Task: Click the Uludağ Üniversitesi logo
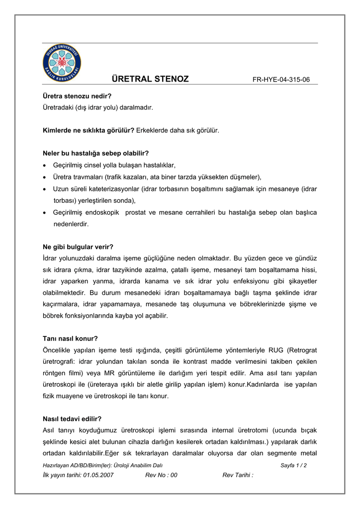coord(62,64)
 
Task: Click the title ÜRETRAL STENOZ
coord(150,79)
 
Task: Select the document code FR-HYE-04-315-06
coord(281,80)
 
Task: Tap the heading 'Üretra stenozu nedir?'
coord(77,95)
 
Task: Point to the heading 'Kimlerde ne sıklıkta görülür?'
coord(89,130)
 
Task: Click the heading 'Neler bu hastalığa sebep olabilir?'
coord(96,153)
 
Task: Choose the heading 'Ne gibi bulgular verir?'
coord(78,247)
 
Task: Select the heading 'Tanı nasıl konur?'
coord(71,339)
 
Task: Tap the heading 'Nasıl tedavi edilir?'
coord(72,419)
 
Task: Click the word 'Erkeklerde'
coord(154,130)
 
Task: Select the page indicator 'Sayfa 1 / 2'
coord(293,465)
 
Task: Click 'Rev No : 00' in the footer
coord(161,475)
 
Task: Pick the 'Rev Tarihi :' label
coord(238,475)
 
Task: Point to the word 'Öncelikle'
coord(58,350)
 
